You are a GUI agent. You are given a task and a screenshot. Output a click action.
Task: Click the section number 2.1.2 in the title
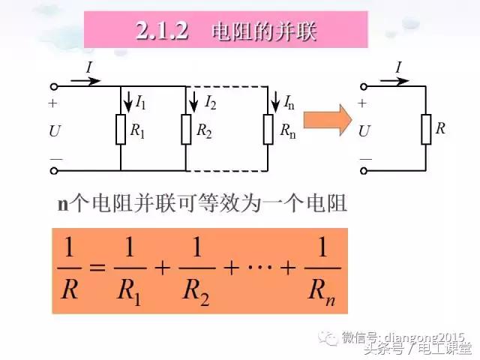[x=160, y=31]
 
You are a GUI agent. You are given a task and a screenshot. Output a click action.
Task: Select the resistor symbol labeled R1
[x=121, y=129]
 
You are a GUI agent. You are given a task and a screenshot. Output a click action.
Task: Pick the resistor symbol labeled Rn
[x=268, y=130]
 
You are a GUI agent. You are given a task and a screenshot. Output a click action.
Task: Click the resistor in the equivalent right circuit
[x=425, y=129]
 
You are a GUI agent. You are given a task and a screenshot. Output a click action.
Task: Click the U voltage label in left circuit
[x=55, y=130]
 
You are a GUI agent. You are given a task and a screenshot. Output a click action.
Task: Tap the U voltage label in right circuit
[x=365, y=130]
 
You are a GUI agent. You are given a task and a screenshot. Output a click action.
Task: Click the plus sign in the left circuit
[x=52, y=104]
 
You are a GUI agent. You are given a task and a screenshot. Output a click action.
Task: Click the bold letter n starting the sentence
[x=63, y=203]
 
